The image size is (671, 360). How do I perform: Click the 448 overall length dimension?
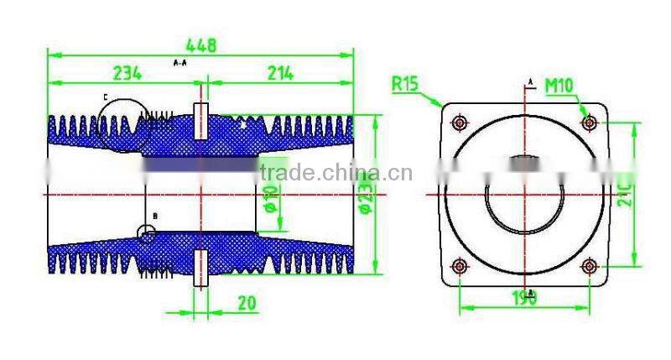tap(200, 46)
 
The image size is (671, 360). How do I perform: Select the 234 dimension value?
tap(126, 74)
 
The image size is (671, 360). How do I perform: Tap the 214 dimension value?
tap(279, 74)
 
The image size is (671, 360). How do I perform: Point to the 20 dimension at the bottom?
tap(247, 303)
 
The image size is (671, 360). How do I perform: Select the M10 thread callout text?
tap(559, 85)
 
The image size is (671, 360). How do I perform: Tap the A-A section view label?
tap(179, 63)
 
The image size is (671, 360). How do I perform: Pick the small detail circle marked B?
tap(147, 234)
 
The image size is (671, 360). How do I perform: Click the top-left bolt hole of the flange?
tap(458, 123)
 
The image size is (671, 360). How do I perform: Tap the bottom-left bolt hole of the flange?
tap(458, 267)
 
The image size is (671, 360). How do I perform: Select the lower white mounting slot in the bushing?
tap(200, 268)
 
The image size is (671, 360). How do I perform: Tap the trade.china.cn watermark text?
tap(335, 174)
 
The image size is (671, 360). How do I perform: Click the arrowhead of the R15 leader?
tap(441, 106)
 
